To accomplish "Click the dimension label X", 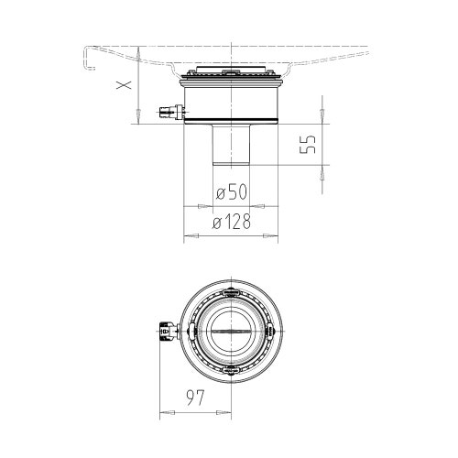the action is point(124,84).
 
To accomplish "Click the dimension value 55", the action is point(307,145).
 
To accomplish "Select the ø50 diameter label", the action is point(232,191).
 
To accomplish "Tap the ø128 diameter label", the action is point(232,221).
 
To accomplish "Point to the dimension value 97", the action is point(195,398).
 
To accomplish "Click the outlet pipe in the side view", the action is point(231,145).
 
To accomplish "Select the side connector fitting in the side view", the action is point(172,112).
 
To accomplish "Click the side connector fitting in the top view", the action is point(168,331).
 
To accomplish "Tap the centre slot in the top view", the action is point(231,331).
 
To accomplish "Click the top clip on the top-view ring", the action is point(231,292).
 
